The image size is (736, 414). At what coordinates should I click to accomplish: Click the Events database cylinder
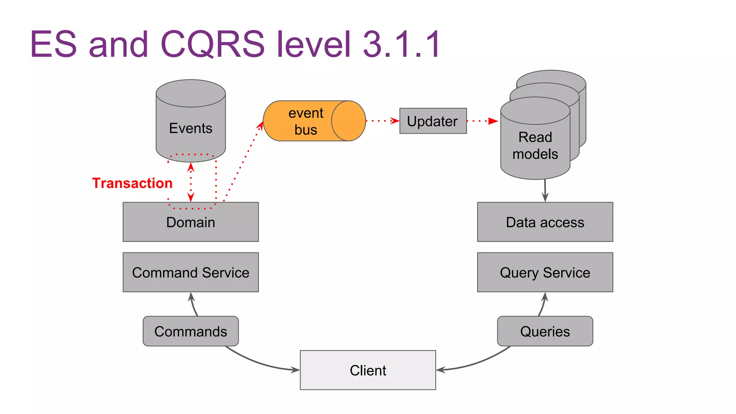(x=190, y=122)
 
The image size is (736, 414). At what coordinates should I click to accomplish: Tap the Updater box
(x=433, y=121)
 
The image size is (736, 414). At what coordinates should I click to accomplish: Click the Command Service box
(x=190, y=272)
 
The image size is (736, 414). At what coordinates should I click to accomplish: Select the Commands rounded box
(x=190, y=331)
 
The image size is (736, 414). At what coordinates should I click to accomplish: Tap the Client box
(x=368, y=370)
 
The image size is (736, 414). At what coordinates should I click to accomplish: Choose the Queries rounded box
(x=545, y=331)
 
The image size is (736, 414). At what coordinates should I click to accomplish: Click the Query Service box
(x=545, y=272)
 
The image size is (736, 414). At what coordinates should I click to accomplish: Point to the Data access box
(x=545, y=222)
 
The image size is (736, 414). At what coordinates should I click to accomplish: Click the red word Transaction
(x=132, y=183)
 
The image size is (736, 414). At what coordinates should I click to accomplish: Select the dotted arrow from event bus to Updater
(x=382, y=121)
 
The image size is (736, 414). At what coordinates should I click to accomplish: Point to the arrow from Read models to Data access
(x=545, y=190)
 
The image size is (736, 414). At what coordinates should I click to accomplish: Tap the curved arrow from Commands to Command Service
(x=193, y=305)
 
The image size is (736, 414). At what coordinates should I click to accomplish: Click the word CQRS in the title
(x=212, y=44)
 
